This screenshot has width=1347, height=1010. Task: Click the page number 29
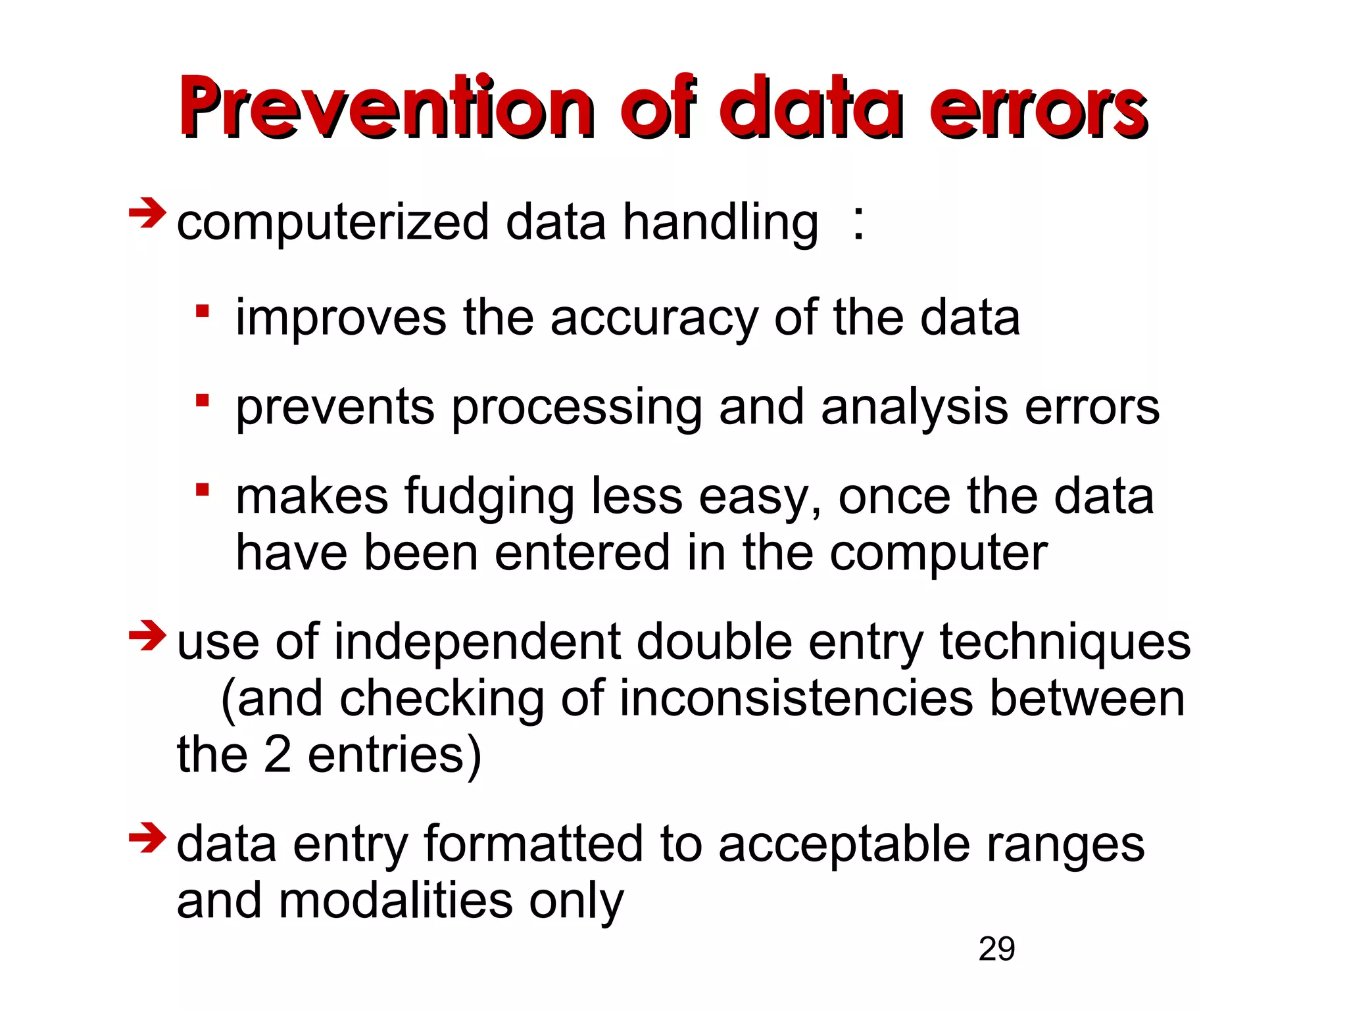click(x=996, y=950)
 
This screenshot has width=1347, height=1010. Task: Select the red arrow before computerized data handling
click(x=147, y=213)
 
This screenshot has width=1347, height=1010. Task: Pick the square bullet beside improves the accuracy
click(x=203, y=311)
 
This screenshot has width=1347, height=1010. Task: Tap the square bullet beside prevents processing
click(x=203, y=400)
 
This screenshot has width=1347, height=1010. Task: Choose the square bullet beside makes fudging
click(x=203, y=490)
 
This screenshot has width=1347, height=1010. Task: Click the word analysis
click(x=914, y=408)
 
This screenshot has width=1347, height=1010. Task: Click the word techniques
click(x=1065, y=642)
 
